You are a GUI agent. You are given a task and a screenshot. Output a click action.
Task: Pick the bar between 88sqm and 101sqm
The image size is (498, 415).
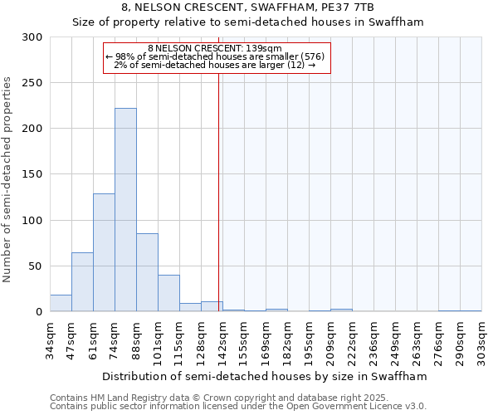point(147,272)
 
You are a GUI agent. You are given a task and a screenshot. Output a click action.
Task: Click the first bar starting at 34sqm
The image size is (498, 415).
point(61,304)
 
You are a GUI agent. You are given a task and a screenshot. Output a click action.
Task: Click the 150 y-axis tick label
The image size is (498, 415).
point(32,175)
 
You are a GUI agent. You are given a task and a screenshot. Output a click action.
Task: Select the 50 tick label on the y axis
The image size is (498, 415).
point(36,266)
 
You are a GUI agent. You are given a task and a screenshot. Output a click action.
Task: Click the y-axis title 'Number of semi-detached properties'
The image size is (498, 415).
point(8,179)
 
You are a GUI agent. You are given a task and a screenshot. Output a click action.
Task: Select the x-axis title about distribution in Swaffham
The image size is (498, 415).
point(266,376)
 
